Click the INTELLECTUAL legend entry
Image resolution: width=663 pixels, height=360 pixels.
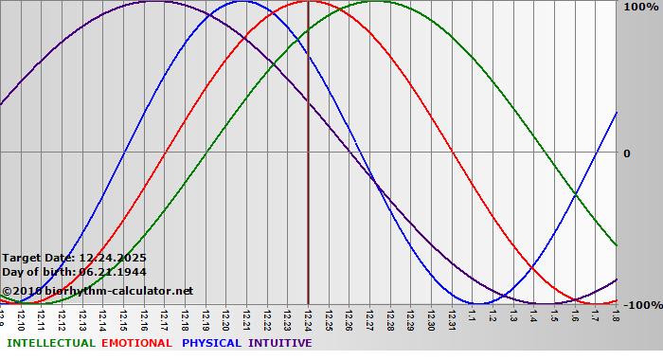point(50,343)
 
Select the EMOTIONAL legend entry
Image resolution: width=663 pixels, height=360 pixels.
point(136,343)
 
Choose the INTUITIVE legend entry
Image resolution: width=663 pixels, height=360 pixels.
point(280,343)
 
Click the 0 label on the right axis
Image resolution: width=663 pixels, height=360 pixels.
point(626,153)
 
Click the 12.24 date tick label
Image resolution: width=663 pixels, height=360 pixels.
point(308,319)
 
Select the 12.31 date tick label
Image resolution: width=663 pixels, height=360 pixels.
point(451,319)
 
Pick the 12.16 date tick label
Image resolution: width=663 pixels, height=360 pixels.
point(144,319)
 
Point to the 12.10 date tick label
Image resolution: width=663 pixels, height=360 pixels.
point(21,319)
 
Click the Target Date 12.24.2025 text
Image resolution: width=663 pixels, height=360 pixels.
point(74,258)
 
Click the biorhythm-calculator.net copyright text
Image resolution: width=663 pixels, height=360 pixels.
point(98,291)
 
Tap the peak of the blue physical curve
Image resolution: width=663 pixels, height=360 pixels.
point(243,1)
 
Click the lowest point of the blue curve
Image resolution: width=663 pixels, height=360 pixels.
point(479,303)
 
